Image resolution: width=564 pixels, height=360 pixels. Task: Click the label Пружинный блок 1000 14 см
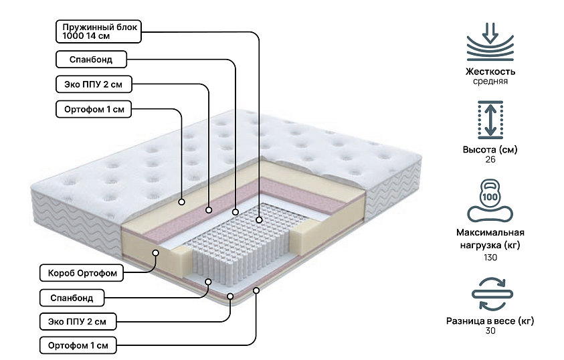[99, 31]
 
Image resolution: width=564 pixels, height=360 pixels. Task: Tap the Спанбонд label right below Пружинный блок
[91, 60]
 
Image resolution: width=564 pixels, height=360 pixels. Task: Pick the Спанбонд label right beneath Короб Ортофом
[72, 296]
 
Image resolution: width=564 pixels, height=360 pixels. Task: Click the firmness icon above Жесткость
[490, 43]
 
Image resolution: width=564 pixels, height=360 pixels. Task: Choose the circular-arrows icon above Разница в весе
[490, 292]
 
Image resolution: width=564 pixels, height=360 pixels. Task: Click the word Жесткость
[490, 72]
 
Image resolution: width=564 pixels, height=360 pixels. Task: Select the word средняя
[490, 82]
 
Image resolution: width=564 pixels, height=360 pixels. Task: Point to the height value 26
[490, 160]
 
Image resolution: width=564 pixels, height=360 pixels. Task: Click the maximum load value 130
[490, 258]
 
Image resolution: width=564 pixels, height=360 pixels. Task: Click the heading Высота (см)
[490, 149]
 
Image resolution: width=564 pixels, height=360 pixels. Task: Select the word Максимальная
[490, 234]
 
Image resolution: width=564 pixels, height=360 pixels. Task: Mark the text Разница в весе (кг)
[490, 321]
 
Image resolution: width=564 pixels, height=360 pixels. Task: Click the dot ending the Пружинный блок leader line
[260, 219]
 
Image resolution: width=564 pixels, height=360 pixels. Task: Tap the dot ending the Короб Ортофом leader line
[155, 253]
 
